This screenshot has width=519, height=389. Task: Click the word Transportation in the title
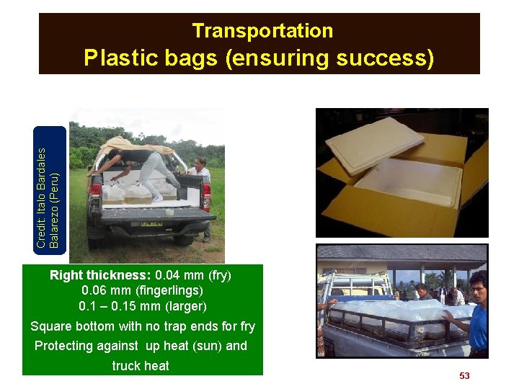(x=262, y=31)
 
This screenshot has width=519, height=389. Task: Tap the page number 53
(x=464, y=376)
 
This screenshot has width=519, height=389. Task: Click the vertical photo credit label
(x=50, y=189)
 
